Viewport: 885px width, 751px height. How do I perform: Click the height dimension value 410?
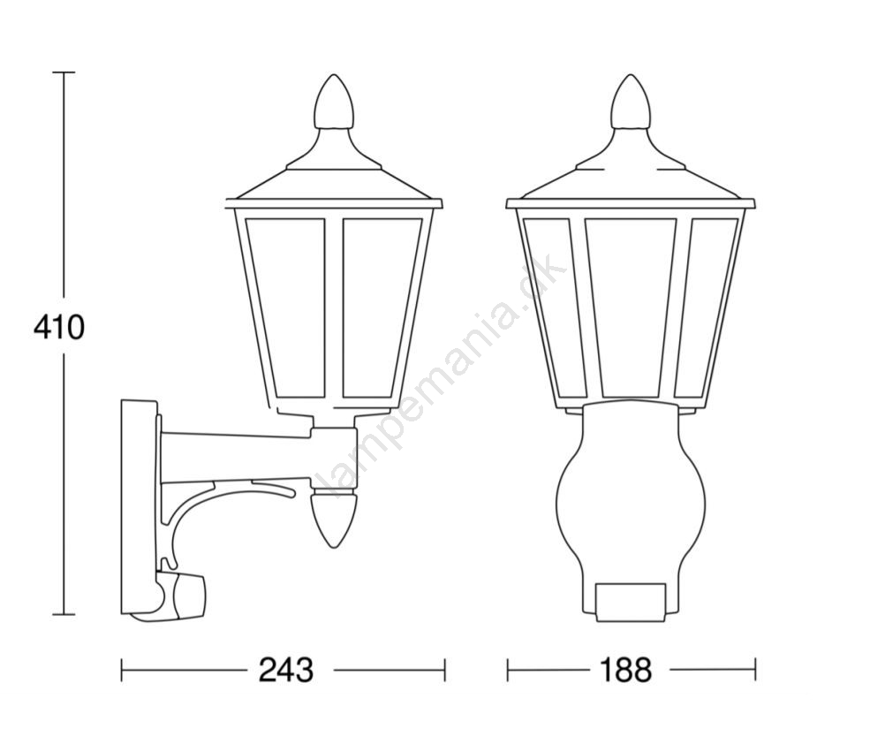[58, 327]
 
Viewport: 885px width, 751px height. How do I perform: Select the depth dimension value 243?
[285, 671]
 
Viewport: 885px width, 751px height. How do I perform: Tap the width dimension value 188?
[625, 671]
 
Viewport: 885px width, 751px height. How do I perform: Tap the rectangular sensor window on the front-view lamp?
[630, 602]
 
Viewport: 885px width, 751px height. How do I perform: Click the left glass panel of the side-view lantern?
[286, 307]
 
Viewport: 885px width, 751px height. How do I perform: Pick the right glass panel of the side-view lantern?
[382, 307]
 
